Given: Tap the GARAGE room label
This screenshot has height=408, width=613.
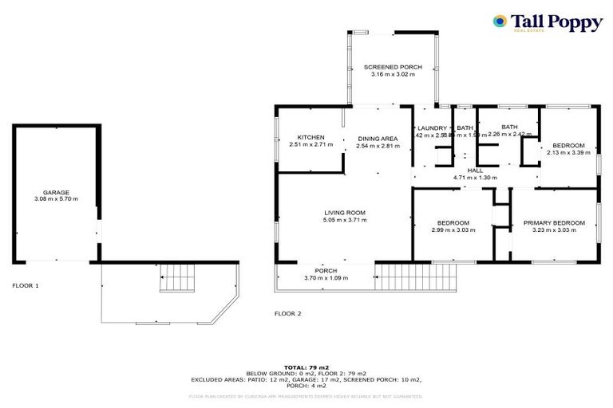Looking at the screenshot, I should point(56,193).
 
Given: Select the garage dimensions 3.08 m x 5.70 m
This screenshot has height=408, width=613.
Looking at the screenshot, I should point(56,200).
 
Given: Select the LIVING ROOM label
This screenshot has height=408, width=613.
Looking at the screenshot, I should point(345,212).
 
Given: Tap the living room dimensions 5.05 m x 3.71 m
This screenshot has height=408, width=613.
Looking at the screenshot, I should point(345,220).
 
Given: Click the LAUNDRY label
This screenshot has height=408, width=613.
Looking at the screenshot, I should point(431,127).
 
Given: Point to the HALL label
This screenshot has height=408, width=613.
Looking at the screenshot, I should point(475,171).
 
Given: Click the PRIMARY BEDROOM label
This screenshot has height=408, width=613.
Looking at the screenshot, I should point(554,222).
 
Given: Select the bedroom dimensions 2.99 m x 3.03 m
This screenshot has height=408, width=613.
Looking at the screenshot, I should point(453,230).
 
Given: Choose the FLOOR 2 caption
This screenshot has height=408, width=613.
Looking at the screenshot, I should point(287,313).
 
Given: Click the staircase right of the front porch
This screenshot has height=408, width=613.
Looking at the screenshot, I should point(416,277).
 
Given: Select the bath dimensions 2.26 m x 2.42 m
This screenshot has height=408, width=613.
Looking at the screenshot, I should point(508,135).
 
